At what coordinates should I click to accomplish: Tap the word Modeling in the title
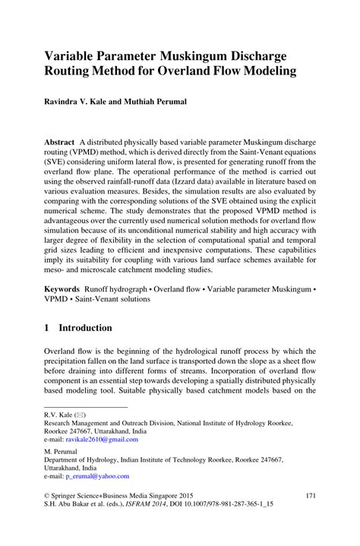(x=267, y=74)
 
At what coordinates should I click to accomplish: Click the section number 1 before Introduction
(x=47, y=328)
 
